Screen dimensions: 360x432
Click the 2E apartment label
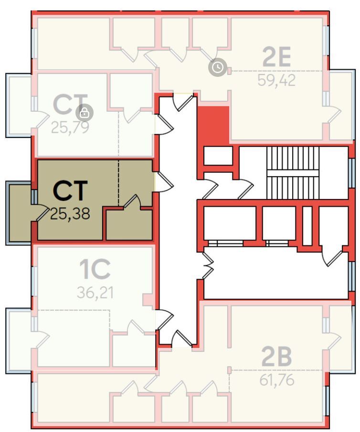click(x=276, y=57)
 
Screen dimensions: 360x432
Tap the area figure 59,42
click(x=276, y=80)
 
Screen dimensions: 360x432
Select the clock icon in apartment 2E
click(x=218, y=67)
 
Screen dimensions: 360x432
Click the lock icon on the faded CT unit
click(x=85, y=113)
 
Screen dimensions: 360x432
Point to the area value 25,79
click(x=70, y=127)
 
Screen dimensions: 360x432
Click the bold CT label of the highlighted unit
click(x=70, y=190)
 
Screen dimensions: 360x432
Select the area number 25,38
click(x=70, y=213)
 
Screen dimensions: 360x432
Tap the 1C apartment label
click(x=95, y=269)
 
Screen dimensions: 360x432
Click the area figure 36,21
click(x=95, y=293)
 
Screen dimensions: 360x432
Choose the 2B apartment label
click(x=276, y=356)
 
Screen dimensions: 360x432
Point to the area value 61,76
click(x=277, y=380)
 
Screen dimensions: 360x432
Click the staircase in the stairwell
click(x=293, y=173)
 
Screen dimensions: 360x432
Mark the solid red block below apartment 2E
click(x=213, y=124)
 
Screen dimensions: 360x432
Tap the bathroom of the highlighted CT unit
click(x=129, y=224)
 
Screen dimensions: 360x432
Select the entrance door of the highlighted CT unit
click(x=164, y=182)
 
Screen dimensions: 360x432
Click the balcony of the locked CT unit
click(x=19, y=105)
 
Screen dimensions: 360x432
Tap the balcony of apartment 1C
click(x=19, y=341)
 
